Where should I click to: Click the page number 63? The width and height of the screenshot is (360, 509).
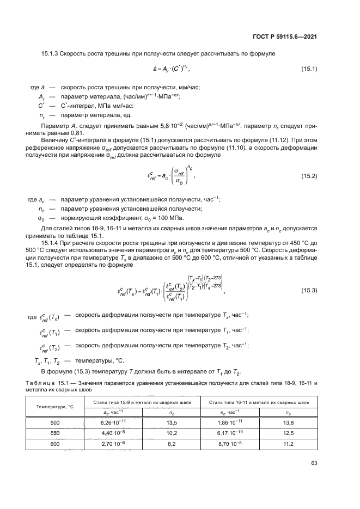coord(314,463)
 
